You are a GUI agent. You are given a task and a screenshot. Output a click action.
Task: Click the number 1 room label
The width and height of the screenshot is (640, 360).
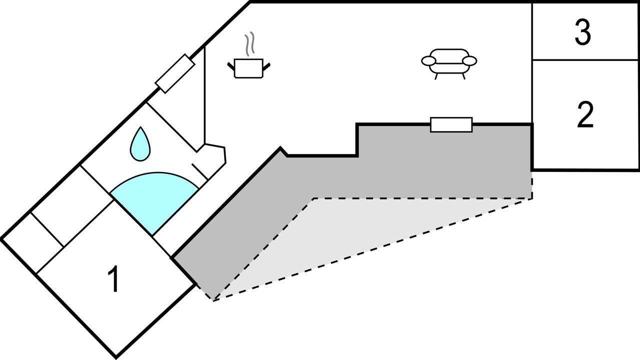click(114, 279)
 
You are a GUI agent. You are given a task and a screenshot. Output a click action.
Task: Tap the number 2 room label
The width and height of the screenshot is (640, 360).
click(585, 115)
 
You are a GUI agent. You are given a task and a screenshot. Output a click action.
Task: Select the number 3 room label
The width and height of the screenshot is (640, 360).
click(582, 33)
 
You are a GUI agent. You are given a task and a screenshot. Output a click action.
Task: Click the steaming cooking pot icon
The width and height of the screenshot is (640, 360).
click(249, 67)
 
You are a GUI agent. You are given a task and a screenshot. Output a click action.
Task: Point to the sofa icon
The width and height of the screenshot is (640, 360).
click(449, 62)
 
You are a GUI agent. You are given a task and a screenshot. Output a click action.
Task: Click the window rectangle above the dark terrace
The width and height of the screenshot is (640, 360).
click(451, 124)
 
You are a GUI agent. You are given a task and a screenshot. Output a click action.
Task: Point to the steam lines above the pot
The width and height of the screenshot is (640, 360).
click(250, 44)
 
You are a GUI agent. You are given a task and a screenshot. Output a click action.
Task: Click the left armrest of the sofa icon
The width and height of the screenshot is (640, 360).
click(429, 61)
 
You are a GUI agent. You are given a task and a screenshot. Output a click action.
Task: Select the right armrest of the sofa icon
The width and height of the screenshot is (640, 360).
click(469, 61)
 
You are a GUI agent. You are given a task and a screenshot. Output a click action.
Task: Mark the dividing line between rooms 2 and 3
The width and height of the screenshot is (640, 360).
click(585, 60)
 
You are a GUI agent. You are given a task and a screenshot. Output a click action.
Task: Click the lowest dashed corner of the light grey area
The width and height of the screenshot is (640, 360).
click(214, 300)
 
